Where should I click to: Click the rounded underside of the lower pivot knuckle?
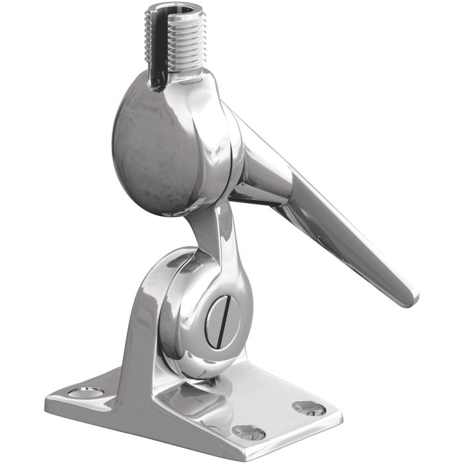tap(192, 370)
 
